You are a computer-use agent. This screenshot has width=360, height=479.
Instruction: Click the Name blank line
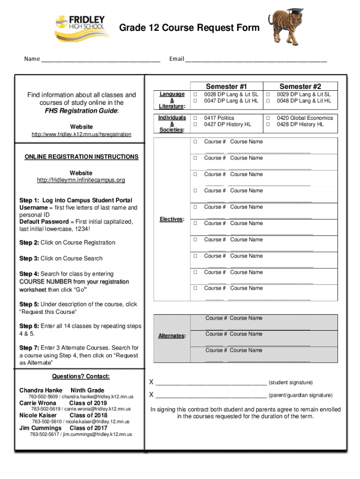(x=101, y=60)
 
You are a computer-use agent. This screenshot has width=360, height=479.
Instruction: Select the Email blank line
(x=256, y=60)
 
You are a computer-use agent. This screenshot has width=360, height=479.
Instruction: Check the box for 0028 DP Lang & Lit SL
(x=195, y=94)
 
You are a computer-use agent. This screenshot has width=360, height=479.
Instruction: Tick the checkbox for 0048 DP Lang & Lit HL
(x=268, y=101)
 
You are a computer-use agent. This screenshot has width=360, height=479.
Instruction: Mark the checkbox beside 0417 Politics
(x=195, y=118)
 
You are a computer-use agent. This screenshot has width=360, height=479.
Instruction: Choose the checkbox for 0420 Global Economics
(x=268, y=118)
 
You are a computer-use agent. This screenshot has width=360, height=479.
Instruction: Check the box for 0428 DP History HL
(x=268, y=125)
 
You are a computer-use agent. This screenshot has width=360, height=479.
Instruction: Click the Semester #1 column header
(x=226, y=86)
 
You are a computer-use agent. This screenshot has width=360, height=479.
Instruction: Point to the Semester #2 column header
(x=300, y=86)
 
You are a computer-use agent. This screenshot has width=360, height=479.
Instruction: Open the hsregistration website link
(x=81, y=135)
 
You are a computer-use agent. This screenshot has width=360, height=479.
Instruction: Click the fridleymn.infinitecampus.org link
(x=81, y=180)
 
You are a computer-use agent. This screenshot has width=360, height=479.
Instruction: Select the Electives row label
(x=172, y=219)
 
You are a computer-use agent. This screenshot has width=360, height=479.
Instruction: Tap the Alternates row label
(x=172, y=335)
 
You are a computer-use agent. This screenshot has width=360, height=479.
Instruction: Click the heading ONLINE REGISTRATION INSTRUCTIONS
(x=81, y=157)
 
